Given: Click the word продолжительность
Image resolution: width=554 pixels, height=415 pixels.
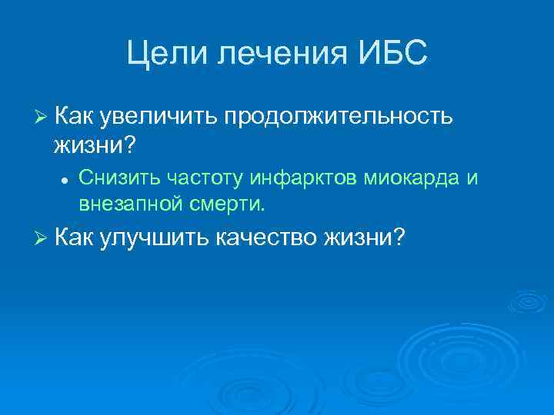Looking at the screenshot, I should click(x=339, y=116).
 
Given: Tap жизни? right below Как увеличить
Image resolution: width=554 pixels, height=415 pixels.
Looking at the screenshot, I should click(x=91, y=142).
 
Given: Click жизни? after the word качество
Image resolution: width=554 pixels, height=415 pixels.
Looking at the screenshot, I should click(x=365, y=239).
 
